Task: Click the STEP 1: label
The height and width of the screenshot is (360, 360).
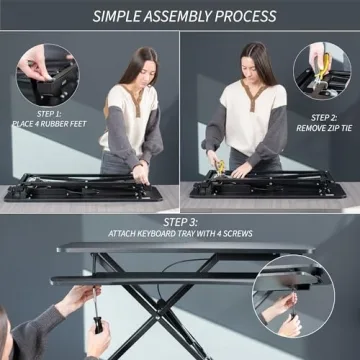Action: click(x=49, y=114)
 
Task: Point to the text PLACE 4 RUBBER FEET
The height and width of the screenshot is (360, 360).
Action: click(x=49, y=124)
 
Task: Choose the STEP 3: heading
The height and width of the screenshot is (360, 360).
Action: click(x=180, y=221)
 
